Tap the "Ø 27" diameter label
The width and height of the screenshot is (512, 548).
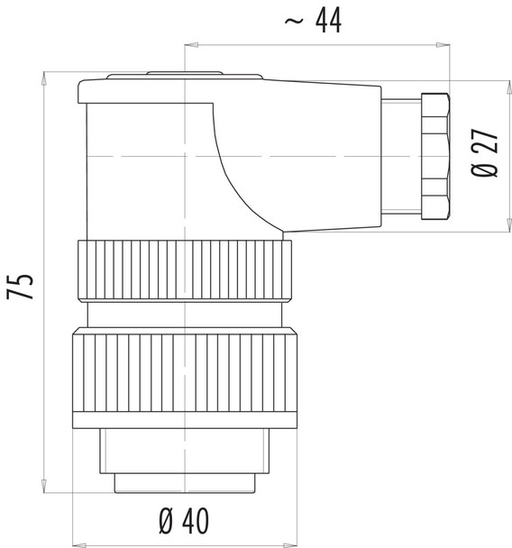(485, 153)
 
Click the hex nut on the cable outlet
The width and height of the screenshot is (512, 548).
(433, 155)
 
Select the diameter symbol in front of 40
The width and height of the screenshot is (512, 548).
(166, 520)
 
